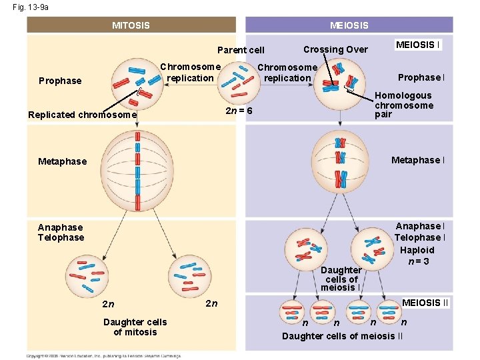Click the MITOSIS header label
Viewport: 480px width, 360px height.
[x=131, y=25]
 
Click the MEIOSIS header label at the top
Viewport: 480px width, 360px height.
[x=349, y=25]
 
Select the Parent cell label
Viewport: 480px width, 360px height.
[x=241, y=50]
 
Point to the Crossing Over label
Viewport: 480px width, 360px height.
[x=335, y=49]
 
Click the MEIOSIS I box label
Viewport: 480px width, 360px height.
[x=418, y=45]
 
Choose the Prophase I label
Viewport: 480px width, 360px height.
[x=421, y=77]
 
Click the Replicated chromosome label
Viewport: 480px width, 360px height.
[x=82, y=115]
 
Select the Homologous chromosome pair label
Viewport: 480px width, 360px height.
[x=404, y=105]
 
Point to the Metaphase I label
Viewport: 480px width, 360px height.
[x=417, y=160]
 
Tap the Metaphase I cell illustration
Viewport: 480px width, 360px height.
[x=341, y=160]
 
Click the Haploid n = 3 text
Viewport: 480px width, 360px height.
[x=417, y=255]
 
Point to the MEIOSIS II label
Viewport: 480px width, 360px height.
[x=425, y=303]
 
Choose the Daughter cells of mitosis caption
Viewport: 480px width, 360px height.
[x=135, y=327]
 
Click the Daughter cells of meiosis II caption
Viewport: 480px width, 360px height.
[x=342, y=335]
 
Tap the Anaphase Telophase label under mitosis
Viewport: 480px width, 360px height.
[x=61, y=232]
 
